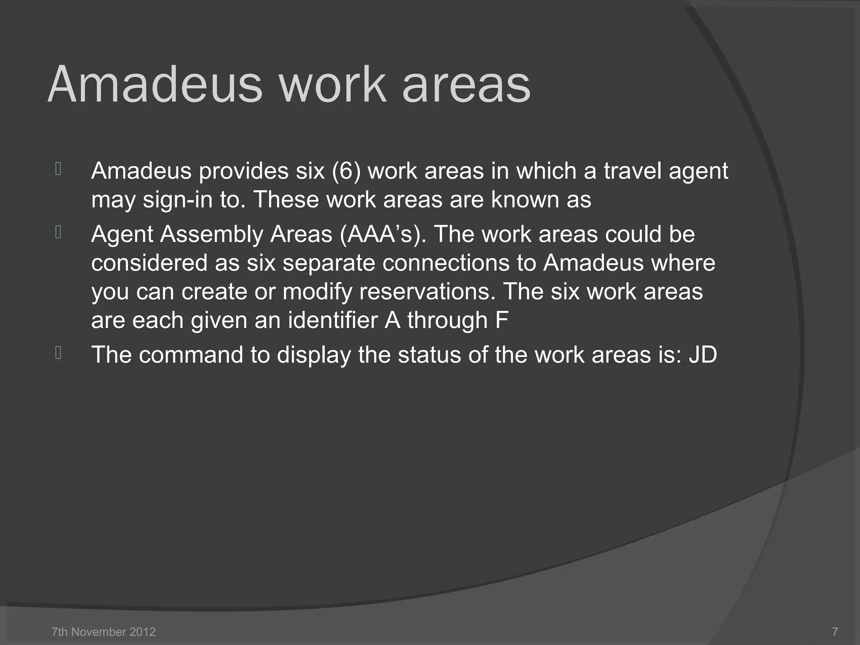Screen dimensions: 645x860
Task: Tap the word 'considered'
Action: click(149, 263)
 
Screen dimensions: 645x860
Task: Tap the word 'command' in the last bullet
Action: click(191, 355)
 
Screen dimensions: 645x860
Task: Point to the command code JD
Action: click(703, 355)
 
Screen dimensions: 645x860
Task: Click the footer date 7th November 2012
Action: click(103, 632)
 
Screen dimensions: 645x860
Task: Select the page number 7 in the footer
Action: click(835, 632)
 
